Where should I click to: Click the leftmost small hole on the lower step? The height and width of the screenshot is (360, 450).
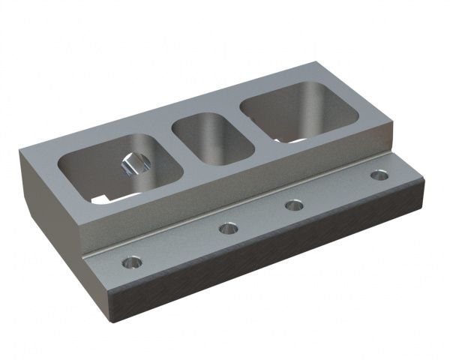tap(132, 263)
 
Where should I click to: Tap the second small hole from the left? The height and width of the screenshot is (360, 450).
tap(228, 229)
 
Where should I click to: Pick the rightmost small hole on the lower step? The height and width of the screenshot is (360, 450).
tap(379, 175)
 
